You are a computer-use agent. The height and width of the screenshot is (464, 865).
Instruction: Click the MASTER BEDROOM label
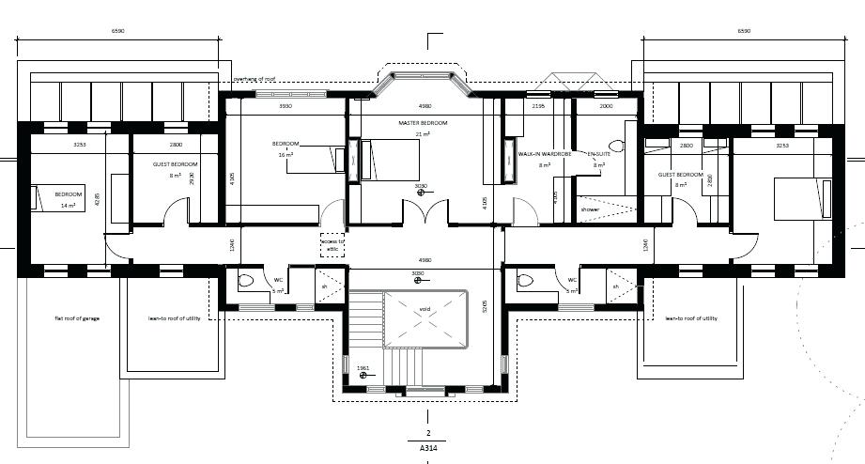point(423,124)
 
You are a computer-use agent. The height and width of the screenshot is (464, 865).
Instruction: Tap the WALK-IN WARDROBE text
point(546,153)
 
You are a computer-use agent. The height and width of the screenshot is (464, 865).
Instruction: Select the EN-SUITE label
point(598,153)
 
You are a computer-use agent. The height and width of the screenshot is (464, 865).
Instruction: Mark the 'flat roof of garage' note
point(77,318)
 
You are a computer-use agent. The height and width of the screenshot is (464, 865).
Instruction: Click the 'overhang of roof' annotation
point(255,79)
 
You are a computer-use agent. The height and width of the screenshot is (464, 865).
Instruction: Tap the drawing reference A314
point(427,450)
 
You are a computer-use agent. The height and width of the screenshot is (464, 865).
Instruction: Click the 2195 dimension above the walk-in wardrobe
point(538,107)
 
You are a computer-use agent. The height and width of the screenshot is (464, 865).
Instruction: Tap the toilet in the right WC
point(525,280)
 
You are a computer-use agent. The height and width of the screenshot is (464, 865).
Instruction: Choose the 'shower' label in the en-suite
point(590,209)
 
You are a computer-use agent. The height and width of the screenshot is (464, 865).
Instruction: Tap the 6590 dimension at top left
point(117,31)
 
